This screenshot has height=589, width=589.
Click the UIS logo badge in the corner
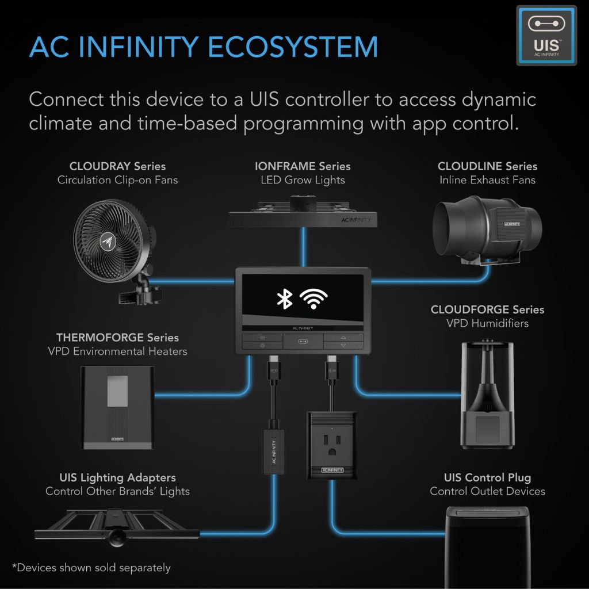[546, 35]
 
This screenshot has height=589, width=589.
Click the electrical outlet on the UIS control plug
[332, 441]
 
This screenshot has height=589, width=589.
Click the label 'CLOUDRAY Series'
[117, 166]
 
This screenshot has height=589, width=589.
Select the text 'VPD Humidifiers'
[487, 323]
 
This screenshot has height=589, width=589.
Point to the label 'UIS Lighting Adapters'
[117, 477]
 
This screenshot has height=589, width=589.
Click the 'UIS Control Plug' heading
[487, 477]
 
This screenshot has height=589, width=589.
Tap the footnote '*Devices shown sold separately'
[91, 568]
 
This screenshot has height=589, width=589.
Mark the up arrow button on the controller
[343, 337]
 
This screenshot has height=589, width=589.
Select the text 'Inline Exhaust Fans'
[487, 180]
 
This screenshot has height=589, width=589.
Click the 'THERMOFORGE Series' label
[117, 337]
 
